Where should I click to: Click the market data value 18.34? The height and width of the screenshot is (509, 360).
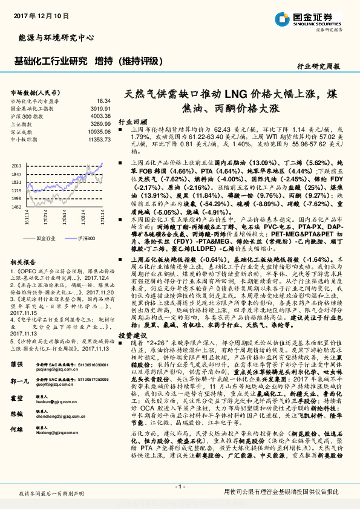(x=103, y=100)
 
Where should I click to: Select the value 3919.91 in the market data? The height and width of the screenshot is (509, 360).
(x=102, y=108)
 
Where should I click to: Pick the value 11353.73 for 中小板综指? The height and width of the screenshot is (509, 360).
(x=99, y=139)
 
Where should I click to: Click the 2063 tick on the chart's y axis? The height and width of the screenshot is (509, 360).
(x=16, y=165)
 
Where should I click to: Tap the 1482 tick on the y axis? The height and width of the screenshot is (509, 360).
(x=16, y=206)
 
